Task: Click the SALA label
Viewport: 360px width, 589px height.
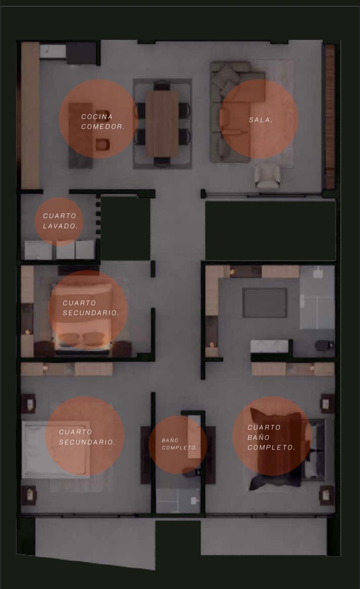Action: coord(260,120)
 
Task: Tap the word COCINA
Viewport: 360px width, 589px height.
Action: coord(97,116)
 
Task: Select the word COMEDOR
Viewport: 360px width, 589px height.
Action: coord(103,127)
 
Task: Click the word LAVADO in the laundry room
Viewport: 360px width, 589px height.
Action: coord(60,226)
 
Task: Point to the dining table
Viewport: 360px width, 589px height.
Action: coord(162,123)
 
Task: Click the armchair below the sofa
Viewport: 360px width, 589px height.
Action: coord(267,176)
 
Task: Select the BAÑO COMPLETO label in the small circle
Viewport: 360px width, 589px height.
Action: coord(180,444)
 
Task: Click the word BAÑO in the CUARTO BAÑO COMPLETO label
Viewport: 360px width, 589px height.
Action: coord(258,437)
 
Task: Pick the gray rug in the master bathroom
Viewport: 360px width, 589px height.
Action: coord(265,303)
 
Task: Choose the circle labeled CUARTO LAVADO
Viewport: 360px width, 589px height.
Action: coord(59,221)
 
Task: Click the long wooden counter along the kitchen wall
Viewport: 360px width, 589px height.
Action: coord(30,115)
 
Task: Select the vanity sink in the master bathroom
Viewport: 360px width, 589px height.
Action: coord(269,346)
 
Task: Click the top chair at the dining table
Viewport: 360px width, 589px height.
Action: coord(162,86)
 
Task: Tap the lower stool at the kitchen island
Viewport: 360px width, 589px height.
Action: coord(102,145)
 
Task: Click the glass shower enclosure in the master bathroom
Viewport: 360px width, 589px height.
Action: coord(317,297)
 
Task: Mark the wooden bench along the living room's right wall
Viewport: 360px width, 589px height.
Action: coord(330,116)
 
